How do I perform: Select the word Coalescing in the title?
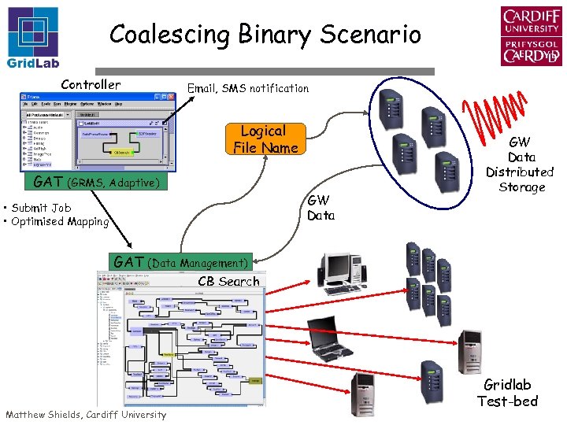(x=160, y=35)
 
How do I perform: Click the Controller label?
(x=91, y=84)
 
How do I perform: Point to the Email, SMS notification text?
(x=247, y=88)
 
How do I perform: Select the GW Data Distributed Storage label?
(x=520, y=164)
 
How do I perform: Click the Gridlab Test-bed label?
(x=507, y=393)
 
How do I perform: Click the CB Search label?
(x=228, y=281)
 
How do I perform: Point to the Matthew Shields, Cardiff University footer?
(x=86, y=415)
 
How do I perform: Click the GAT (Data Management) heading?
(x=181, y=262)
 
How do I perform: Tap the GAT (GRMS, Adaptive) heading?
(x=96, y=183)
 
